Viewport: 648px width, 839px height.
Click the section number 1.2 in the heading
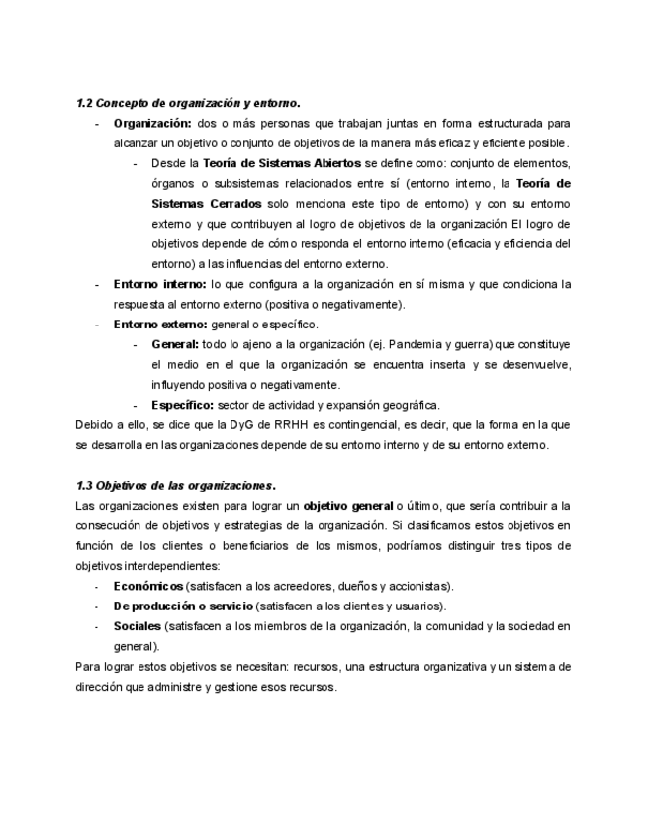[x=83, y=103]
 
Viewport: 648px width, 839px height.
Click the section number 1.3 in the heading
[x=83, y=485]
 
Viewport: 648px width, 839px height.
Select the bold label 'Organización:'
[x=151, y=123]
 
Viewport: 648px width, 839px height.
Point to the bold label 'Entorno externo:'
[x=159, y=324]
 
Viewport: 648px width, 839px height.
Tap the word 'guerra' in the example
[x=476, y=344]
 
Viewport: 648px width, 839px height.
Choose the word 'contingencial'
[x=395, y=424]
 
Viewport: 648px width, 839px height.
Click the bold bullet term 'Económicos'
[x=147, y=586]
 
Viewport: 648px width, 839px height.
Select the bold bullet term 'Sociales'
[x=137, y=626]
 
